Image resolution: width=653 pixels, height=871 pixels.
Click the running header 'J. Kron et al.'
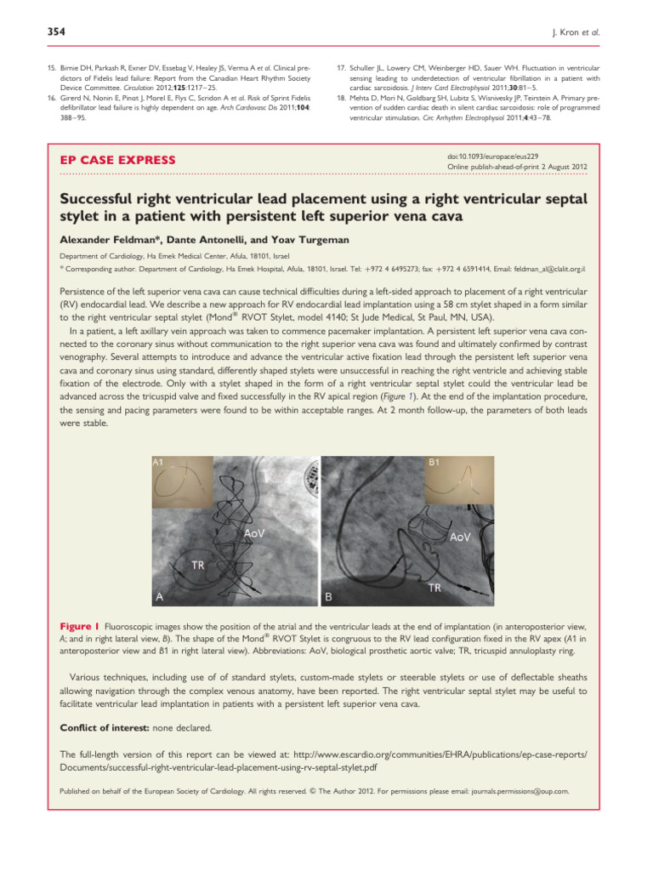pos(605,32)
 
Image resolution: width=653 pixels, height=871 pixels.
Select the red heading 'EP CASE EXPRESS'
pos(117,160)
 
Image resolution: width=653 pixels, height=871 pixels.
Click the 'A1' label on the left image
pos(160,461)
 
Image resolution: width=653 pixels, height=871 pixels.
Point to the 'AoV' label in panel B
pos(462,537)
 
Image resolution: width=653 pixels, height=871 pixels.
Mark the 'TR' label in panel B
pos(434,587)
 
